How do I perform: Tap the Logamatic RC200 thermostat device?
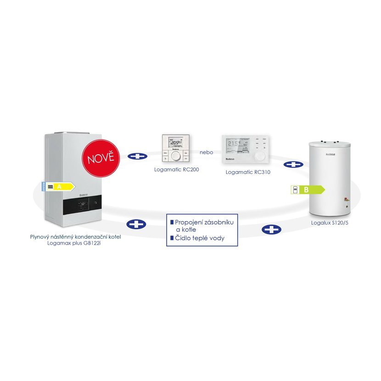coord(176,149)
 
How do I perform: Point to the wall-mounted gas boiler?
coord(73,179)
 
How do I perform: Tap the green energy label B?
coord(308,189)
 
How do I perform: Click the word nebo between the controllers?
coord(206,152)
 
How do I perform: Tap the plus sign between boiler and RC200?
coord(138,156)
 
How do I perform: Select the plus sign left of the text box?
coord(136,224)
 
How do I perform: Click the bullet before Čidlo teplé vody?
coord(172,238)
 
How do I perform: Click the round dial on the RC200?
coord(176,156)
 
